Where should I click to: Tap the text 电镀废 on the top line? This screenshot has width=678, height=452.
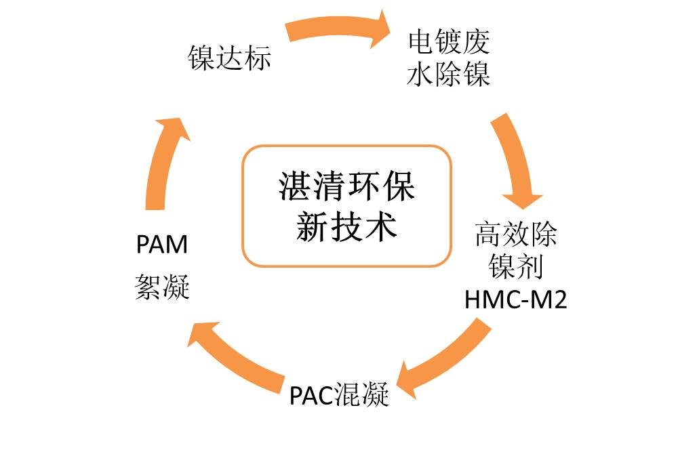[448, 43]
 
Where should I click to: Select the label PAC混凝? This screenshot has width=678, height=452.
[339, 394]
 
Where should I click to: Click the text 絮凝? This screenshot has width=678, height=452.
[162, 287]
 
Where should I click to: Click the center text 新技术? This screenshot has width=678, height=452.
[346, 227]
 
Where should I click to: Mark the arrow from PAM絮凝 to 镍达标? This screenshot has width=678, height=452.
[163, 163]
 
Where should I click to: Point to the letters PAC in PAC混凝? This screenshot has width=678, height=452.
[313, 394]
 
